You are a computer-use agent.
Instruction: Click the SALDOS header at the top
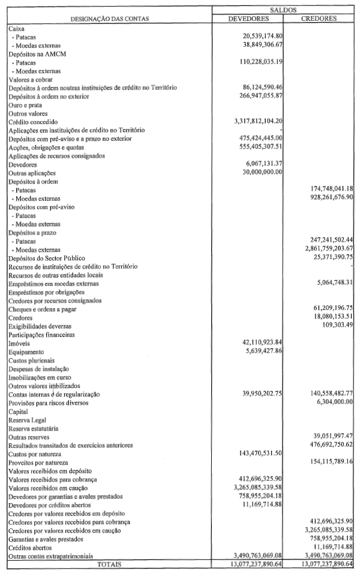click(284, 10)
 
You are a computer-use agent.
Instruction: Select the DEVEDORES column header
click(248, 19)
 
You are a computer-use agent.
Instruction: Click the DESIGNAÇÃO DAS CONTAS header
click(110, 19)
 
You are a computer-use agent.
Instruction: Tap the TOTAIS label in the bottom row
click(110, 565)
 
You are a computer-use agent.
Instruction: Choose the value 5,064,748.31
click(328, 283)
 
